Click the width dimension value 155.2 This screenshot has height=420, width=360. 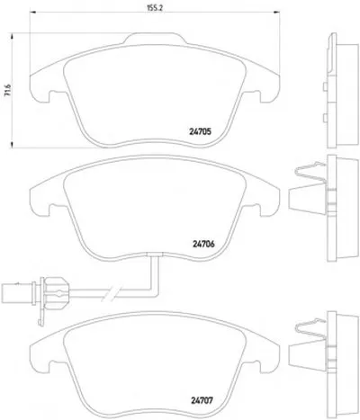(x=155, y=8)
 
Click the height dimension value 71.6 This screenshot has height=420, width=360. (x=8, y=90)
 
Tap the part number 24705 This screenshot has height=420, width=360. (x=201, y=131)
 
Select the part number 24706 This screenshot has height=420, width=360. (x=203, y=245)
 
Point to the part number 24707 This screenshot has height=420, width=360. (x=202, y=400)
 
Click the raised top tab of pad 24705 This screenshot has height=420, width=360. (x=155, y=39)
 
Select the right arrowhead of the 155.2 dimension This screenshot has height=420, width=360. (x=276, y=13)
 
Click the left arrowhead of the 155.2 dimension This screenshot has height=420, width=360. (x=32, y=13)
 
